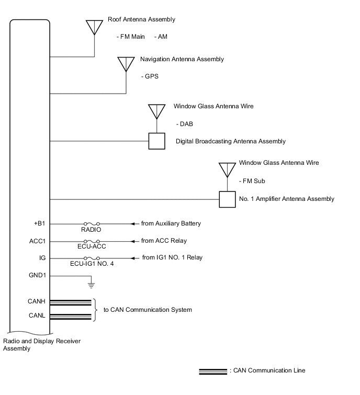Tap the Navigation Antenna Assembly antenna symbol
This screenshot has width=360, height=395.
tap(126, 64)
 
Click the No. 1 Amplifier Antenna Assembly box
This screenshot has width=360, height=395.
tap(227, 199)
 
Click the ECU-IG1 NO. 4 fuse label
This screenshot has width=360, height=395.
tap(92, 264)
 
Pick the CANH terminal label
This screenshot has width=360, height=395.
tap(36, 301)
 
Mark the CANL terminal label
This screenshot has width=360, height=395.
tap(36, 315)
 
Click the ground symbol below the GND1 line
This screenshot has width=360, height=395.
tap(91, 286)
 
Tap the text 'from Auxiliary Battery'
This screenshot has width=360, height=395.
tap(171, 223)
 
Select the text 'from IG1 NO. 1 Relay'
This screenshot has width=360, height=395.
tap(172, 257)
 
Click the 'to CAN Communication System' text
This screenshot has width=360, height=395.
tap(148, 310)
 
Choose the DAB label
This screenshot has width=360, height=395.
tap(185, 123)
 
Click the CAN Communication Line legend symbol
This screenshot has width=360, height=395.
tap(212, 371)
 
